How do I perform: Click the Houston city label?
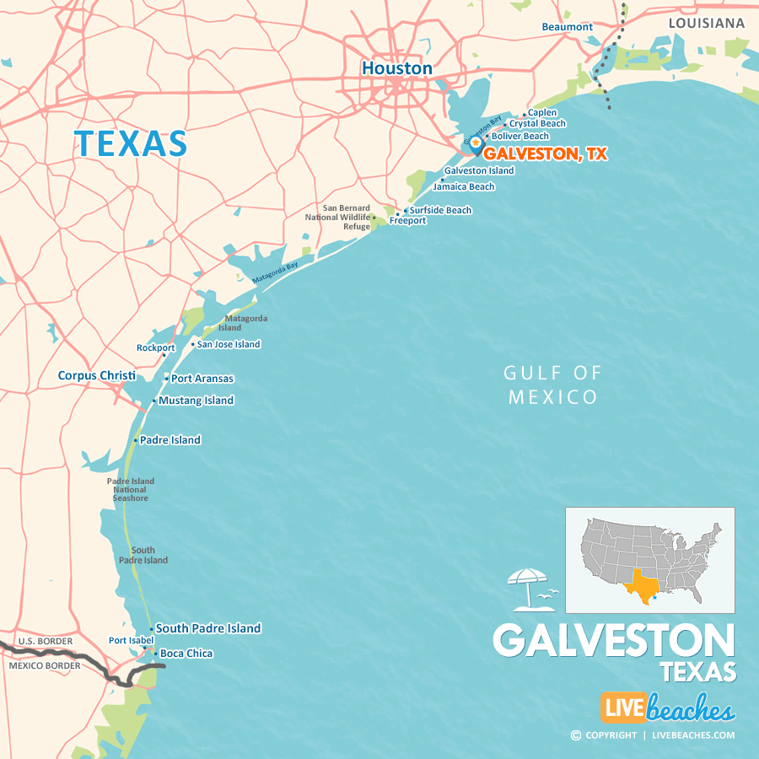pyautogui.click(x=396, y=68)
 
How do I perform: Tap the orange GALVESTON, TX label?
pyautogui.click(x=545, y=154)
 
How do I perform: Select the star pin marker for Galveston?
pyautogui.click(x=476, y=144)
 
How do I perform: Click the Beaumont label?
pyautogui.click(x=567, y=27)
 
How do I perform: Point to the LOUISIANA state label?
pyautogui.click(x=707, y=23)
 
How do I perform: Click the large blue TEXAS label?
pyautogui.click(x=131, y=143)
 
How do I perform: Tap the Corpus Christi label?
pyautogui.click(x=96, y=375)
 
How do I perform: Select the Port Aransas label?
pyautogui.click(x=202, y=379)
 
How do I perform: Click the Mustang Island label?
pyautogui.click(x=196, y=401)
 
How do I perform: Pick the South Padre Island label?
pyautogui.click(x=208, y=628)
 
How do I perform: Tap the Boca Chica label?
pyautogui.click(x=186, y=654)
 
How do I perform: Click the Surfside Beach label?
pyautogui.click(x=440, y=210)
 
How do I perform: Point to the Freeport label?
pyautogui.click(x=407, y=221)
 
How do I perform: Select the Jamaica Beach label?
pyautogui.click(x=464, y=186)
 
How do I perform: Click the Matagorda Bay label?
pyautogui.click(x=275, y=272)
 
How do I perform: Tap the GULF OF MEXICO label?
pyautogui.click(x=553, y=385)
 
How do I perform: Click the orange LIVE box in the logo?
pyautogui.click(x=623, y=708)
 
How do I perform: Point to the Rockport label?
pyautogui.click(x=156, y=347)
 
